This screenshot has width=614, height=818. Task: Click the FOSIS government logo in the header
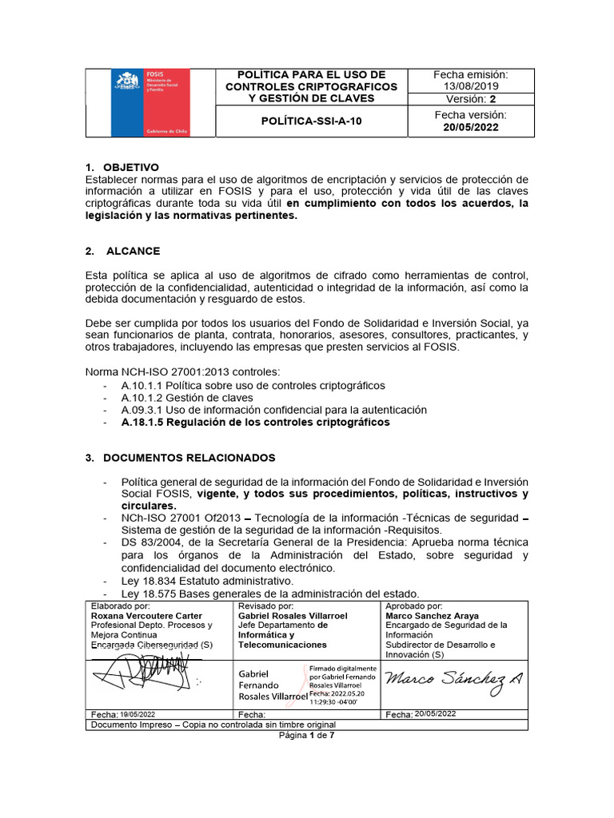[x=150, y=102]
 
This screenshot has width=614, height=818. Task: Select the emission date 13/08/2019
[x=470, y=86]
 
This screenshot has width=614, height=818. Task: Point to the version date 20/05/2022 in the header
[x=470, y=127]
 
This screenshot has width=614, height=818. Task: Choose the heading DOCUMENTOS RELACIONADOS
[x=179, y=458]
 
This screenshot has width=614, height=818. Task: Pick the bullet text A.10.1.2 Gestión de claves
[x=187, y=397]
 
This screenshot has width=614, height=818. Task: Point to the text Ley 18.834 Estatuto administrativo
[x=208, y=580]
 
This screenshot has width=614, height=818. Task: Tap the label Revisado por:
[x=261, y=606]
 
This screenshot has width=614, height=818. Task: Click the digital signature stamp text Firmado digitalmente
[x=343, y=668]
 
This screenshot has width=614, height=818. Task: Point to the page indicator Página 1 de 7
[x=306, y=735]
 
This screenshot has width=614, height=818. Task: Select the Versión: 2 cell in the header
[x=470, y=99]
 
